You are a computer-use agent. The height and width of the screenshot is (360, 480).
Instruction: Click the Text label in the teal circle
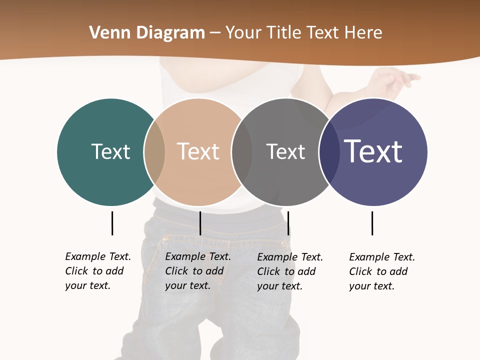coord(110,151)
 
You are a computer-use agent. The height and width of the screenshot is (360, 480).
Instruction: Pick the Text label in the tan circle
coord(198,151)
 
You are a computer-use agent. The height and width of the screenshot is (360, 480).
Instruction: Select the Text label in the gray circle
coord(285,151)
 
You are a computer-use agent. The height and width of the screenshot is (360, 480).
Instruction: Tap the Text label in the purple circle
coord(373,151)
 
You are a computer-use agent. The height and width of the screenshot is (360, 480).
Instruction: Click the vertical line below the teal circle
coord(112,223)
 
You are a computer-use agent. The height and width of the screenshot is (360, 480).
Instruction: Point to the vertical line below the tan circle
coord(200,223)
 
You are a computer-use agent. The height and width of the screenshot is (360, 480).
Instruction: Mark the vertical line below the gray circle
coord(288,223)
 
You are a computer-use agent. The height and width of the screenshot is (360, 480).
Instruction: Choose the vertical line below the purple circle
coord(372,223)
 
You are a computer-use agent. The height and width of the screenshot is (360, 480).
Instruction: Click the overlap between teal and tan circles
coord(154,152)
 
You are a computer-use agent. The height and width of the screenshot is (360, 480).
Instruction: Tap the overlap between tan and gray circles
coord(242,152)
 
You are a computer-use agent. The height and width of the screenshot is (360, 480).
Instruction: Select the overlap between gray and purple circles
coord(328,152)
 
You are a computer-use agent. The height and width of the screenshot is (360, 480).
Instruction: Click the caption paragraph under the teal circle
coord(98,271)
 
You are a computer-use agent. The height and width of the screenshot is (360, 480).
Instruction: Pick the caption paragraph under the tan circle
coord(198,271)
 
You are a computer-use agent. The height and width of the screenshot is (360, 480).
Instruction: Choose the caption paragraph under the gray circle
coord(290,271)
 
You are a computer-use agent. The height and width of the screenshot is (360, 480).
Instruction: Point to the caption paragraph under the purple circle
coord(382,271)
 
